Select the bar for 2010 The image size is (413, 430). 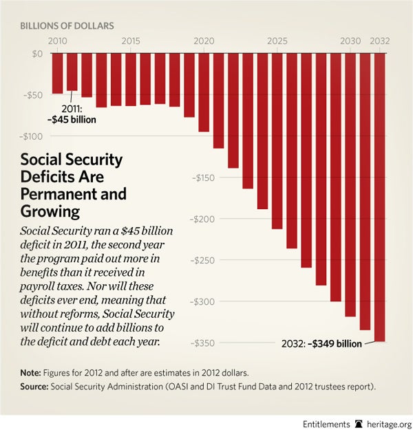point(57,73)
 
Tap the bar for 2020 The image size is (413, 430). point(204,92)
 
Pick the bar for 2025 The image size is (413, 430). point(277,141)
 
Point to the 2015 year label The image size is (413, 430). point(131,42)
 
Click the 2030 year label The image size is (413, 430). point(350,42)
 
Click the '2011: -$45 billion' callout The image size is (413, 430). point(72,114)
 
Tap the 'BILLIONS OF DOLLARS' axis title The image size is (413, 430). point(67,26)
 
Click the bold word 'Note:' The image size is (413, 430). point(32,372)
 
